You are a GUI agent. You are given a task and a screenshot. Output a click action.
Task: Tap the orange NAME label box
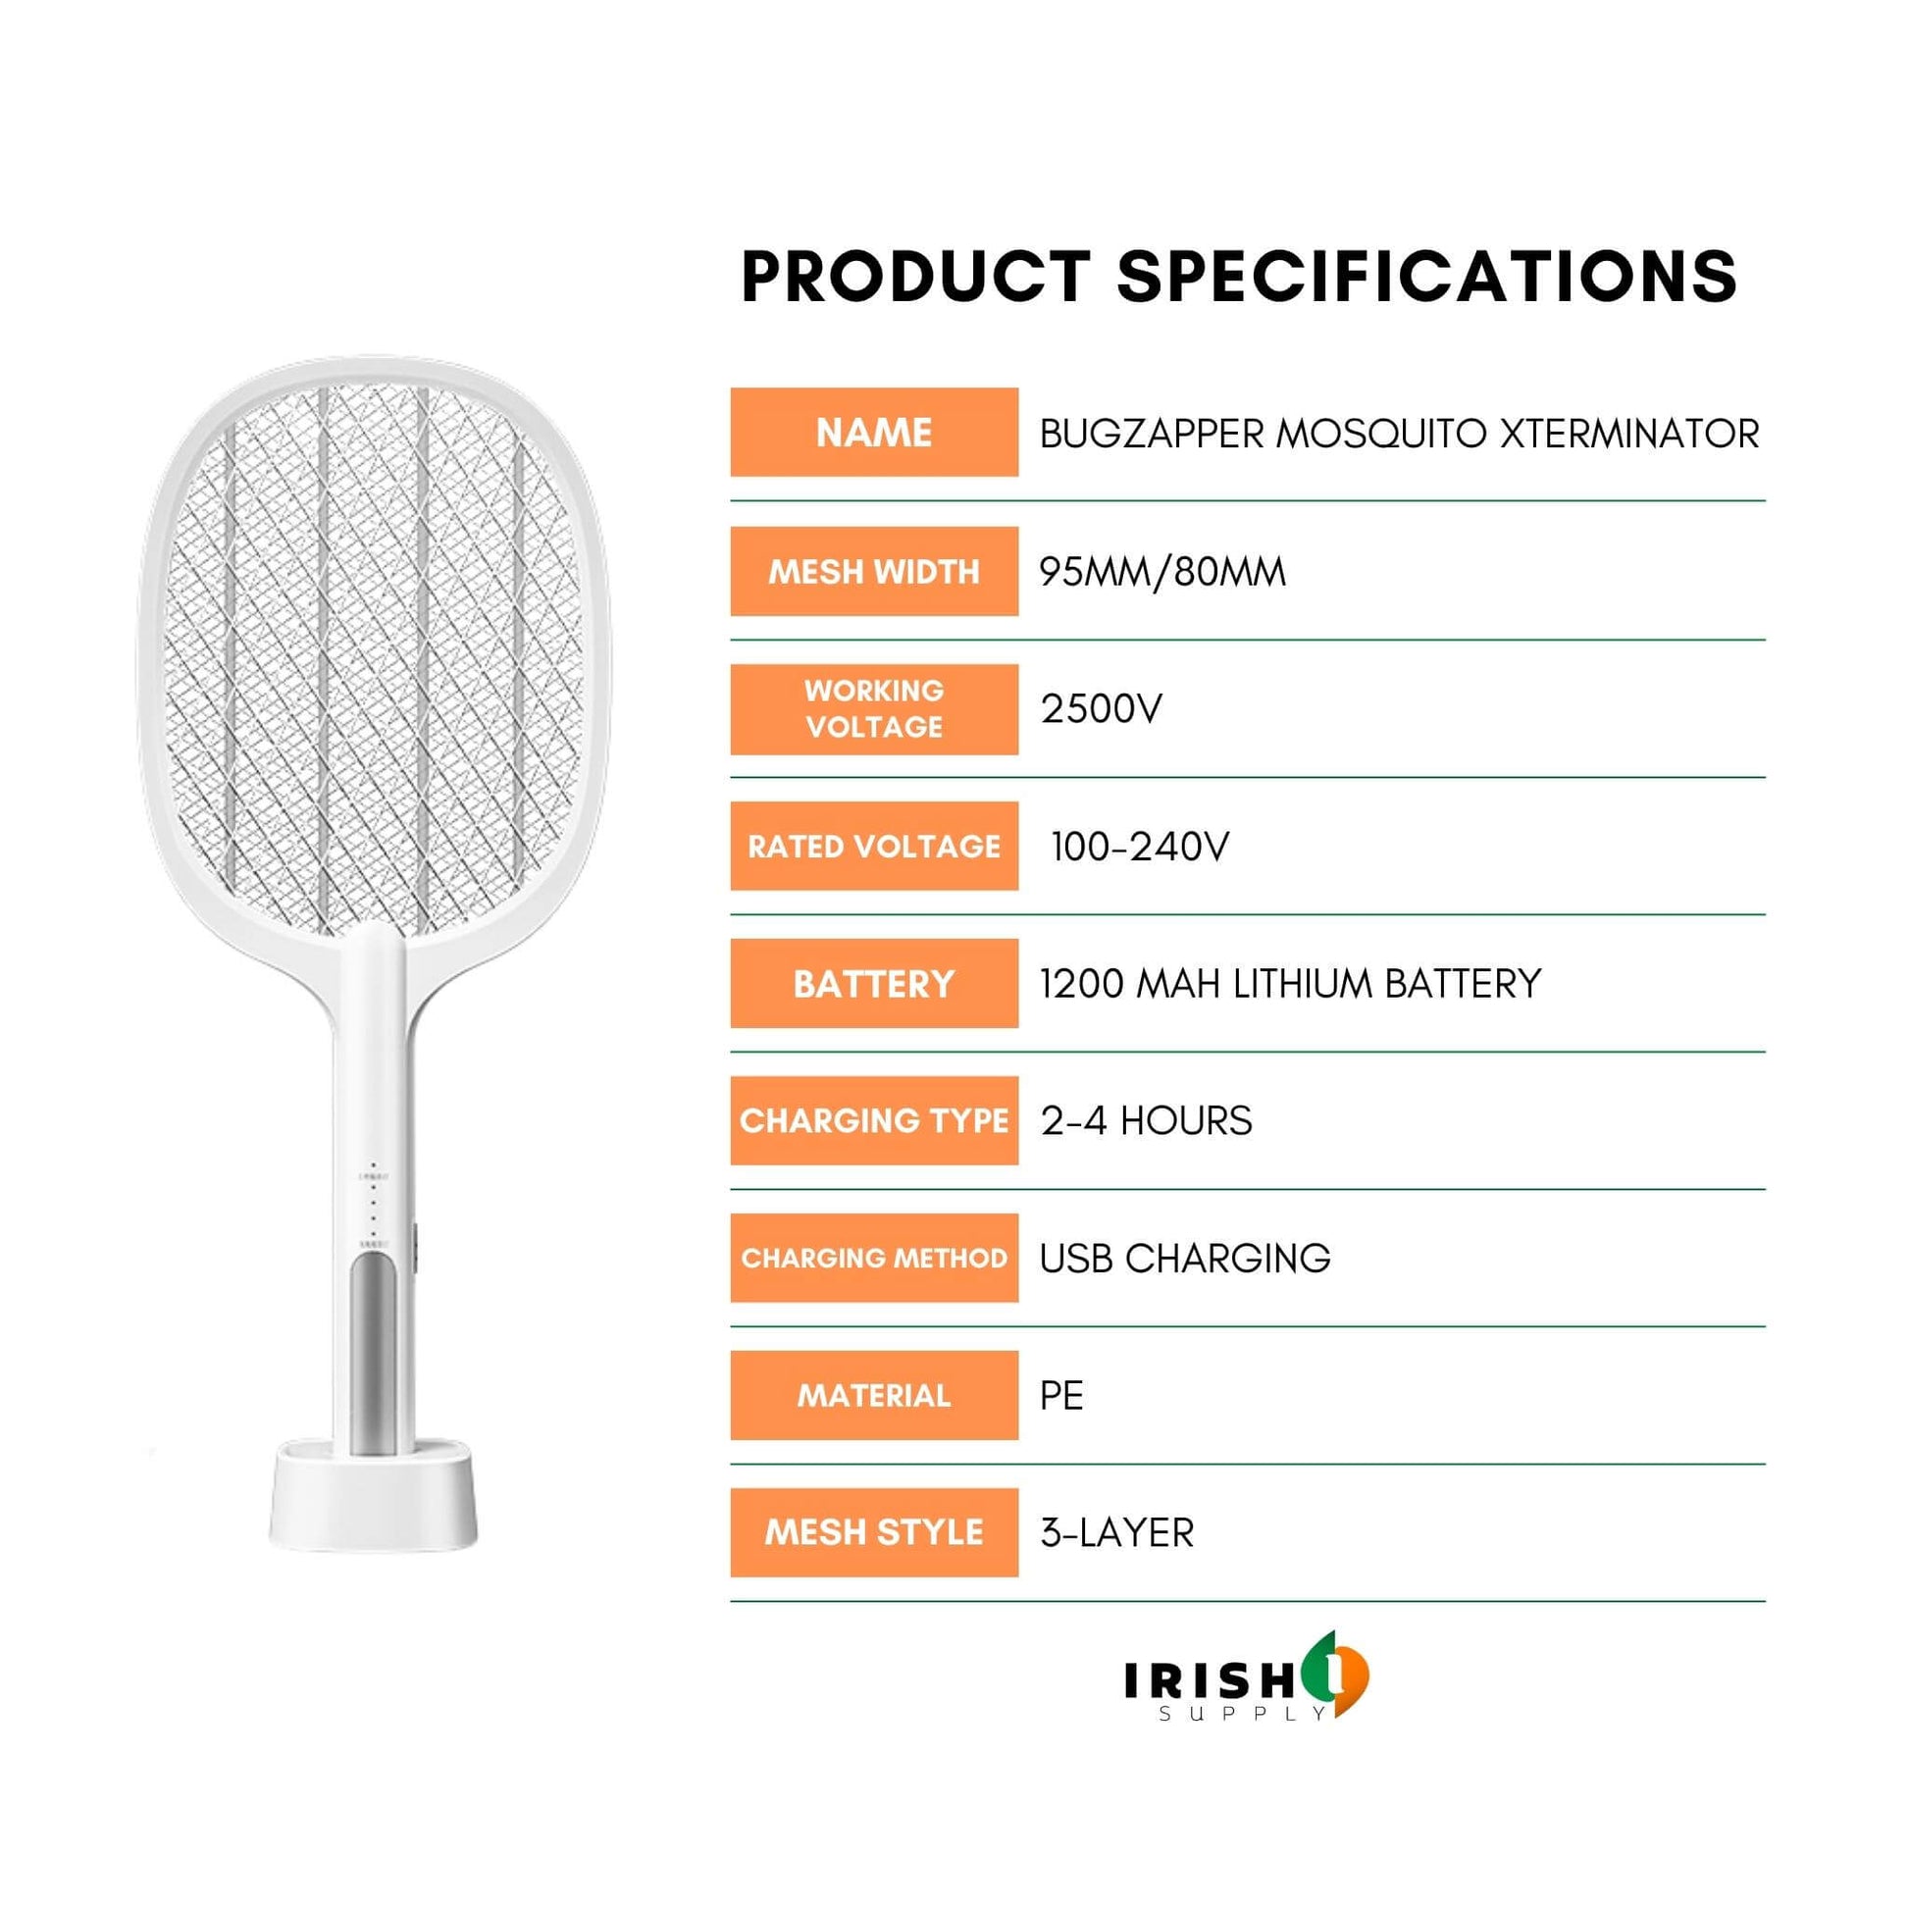874,432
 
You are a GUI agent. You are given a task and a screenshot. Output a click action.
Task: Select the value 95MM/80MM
1163,571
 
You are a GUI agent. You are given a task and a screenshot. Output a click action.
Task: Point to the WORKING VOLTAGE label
874,708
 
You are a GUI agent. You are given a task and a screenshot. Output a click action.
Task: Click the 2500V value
1102,708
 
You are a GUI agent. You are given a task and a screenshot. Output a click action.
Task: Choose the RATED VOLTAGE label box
874,846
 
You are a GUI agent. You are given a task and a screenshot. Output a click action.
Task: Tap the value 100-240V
1140,846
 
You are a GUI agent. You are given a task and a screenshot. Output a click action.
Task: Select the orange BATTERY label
874,983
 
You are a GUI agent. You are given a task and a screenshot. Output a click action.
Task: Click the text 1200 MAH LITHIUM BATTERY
1290,983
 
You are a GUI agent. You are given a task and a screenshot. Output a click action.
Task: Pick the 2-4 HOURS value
1146,1120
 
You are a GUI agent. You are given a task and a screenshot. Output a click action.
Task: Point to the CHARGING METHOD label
874,1258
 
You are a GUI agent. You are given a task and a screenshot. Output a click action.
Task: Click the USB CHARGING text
1186,1258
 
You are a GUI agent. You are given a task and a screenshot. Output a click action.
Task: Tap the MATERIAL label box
874,1395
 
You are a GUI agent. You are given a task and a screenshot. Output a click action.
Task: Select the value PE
1062,1395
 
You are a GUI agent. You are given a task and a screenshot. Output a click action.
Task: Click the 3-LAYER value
1117,1532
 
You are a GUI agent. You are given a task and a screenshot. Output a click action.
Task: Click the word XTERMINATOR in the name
1630,434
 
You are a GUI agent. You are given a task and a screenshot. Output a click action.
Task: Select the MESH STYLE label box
874,1532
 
